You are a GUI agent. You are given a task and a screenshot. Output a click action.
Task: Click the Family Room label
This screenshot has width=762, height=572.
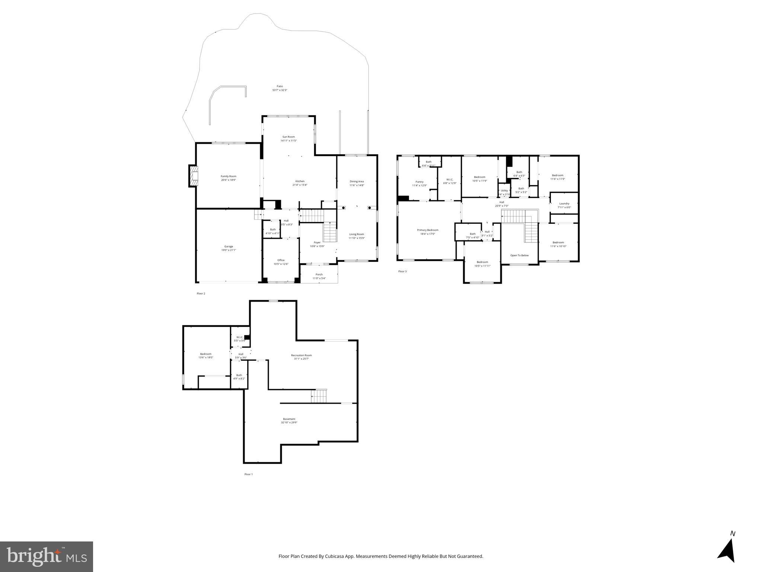pyautogui.click(x=228, y=176)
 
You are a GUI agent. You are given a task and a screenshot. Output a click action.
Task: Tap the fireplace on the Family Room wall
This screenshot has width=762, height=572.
pyautogui.click(x=194, y=176)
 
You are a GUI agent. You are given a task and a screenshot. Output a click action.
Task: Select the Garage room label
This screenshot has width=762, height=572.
pyautogui.click(x=229, y=246)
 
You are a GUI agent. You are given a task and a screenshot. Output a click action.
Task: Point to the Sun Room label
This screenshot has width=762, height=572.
pyautogui.click(x=288, y=137)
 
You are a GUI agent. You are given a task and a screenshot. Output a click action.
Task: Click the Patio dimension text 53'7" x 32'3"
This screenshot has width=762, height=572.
pyautogui.click(x=280, y=90)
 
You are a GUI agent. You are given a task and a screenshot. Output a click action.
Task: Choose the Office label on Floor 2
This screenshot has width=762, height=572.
pyautogui.click(x=281, y=260)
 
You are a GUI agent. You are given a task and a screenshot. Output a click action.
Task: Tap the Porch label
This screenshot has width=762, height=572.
pyautogui.click(x=319, y=274)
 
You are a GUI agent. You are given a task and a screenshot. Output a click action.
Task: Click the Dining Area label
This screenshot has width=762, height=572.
pyautogui.click(x=357, y=181)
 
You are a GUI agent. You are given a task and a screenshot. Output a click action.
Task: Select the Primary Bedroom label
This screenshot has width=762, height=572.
pyautogui.click(x=427, y=230)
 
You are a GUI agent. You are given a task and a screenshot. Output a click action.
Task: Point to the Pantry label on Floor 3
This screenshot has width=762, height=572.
pyautogui.click(x=420, y=182)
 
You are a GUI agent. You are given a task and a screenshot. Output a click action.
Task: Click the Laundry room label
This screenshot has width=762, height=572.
pyautogui.click(x=564, y=203)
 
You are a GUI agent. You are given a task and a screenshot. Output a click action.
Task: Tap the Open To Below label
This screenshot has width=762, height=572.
pyautogui.click(x=519, y=255)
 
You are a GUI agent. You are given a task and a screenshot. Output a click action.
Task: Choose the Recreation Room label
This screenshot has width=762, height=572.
pyautogui.click(x=301, y=355)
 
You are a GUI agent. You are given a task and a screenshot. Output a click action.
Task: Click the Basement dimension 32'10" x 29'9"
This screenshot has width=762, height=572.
pyautogui.click(x=290, y=423)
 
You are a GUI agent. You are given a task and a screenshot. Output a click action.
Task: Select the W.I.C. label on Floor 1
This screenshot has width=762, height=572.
pyautogui.click(x=239, y=337)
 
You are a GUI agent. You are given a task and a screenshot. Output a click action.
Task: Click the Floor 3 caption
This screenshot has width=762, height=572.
pyautogui.click(x=402, y=271)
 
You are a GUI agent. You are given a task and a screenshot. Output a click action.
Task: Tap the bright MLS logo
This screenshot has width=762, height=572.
pyautogui.click(x=47, y=556)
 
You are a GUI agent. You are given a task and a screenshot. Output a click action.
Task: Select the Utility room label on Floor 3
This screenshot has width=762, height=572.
pyautogui.click(x=504, y=190)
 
